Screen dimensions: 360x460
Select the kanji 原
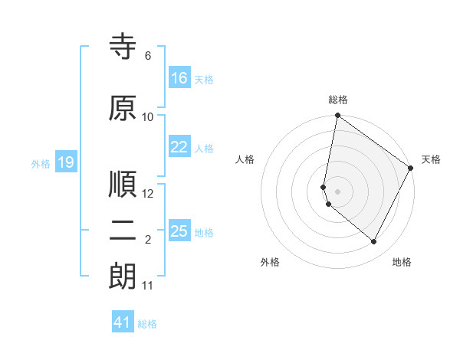point(123,109)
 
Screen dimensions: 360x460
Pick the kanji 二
point(123,232)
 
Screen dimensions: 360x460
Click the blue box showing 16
point(179,78)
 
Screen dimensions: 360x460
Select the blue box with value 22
point(179,148)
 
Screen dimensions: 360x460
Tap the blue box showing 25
point(179,231)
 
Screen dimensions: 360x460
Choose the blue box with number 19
point(65,162)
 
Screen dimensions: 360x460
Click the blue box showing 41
point(123,322)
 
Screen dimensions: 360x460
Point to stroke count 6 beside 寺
point(148,56)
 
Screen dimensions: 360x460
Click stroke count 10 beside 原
point(148,117)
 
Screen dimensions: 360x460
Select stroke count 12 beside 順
point(148,194)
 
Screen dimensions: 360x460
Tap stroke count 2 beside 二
point(148,240)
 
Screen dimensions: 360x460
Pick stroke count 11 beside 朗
point(148,286)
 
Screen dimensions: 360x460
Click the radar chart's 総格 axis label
point(338,100)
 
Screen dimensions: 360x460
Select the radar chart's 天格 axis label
point(431,159)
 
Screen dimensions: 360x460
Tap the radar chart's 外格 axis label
point(270,262)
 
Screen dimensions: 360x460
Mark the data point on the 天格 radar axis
point(411,168)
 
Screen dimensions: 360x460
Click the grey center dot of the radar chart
point(338,191)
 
